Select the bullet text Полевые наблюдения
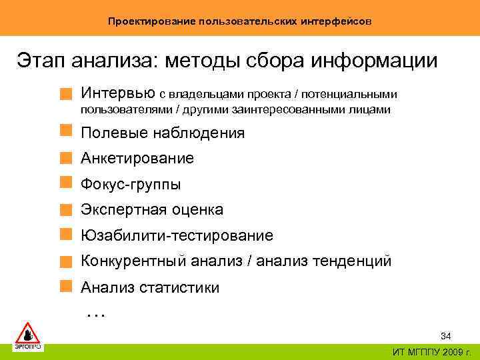(x=163, y=133)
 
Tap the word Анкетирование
(x=137, y=159)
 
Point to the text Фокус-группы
(x=131, y=184)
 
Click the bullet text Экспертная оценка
(x=152, y=210)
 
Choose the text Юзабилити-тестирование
(x=177, y=235)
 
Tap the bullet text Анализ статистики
(x=149, y=287)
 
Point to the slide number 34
(x=446, y=335)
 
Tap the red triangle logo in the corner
(x=28, y=333)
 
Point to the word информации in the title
(x=376, y=61)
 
